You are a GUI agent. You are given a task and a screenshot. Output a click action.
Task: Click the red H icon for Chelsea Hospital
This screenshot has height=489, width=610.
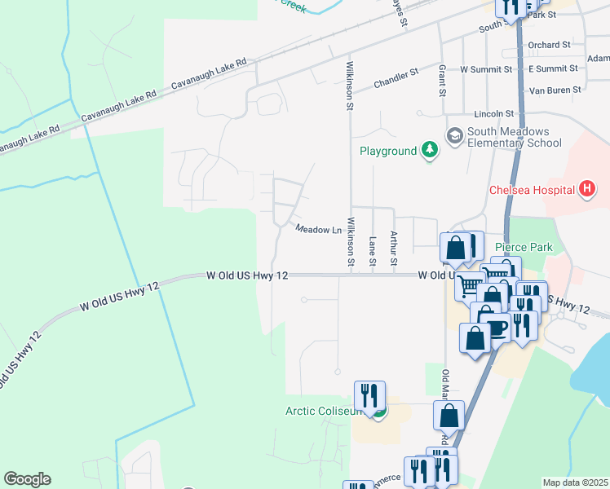(x=586, y=191)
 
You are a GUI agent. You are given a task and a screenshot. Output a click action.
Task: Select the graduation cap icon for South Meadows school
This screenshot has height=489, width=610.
(x=454, y=134)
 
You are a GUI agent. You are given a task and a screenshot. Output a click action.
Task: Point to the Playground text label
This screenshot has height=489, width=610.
(x=388, y=151)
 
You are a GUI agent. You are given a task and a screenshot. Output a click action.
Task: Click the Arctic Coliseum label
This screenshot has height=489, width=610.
(x=323, y=411)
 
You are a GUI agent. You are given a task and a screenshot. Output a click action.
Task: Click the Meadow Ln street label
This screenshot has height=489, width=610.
(x=318, y=230)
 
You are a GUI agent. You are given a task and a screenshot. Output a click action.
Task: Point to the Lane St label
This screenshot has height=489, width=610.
(x=373, y=249)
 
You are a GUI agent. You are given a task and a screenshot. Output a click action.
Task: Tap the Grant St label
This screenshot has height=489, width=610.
(x=442, y=81)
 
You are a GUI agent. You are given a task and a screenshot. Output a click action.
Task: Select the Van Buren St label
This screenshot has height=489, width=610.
(x=554, y=90)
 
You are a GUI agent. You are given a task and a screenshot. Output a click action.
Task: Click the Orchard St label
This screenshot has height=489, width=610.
(x=549, y=45)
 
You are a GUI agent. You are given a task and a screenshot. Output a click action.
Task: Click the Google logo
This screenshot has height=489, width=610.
(x=27, y=479)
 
